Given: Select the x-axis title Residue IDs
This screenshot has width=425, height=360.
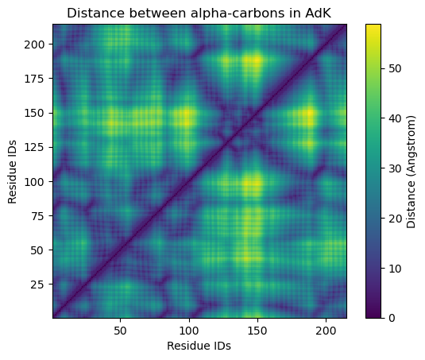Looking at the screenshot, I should (x=199, y=346).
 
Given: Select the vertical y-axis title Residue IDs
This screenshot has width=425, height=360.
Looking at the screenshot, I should (x=13, y=170).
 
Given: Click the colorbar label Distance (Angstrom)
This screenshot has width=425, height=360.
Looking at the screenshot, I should (x=411, y=170).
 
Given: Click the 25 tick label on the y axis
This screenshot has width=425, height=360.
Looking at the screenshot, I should (x=38, y=285).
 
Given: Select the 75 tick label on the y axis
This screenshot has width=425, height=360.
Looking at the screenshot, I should (x=38, y=216).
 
